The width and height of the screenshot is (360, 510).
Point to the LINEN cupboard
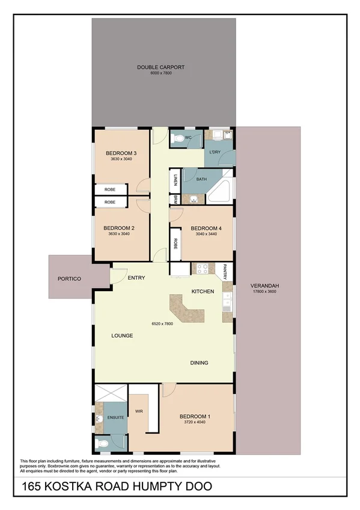coord(175,180)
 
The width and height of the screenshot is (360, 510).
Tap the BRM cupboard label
coord(175,199)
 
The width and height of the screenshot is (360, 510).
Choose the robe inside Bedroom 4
coord(175,244)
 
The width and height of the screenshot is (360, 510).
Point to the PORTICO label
coord(70,279)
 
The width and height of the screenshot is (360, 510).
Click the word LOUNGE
coord(121,335)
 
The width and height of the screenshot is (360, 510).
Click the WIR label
coord(139,411)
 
